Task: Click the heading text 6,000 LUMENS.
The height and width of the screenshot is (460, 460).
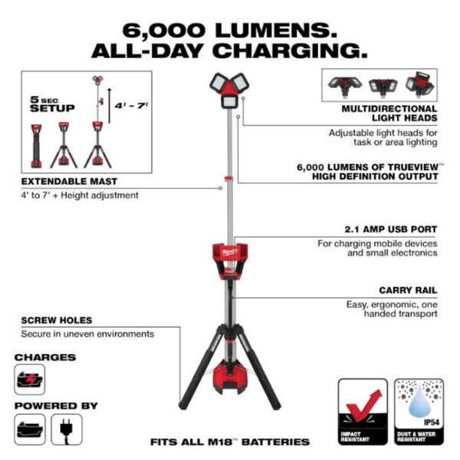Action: [229, 31]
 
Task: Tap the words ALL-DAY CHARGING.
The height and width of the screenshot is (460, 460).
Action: [229, 51]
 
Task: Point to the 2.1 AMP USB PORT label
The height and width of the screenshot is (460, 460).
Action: [390, 228]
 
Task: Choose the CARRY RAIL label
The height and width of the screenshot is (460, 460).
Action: [407, 291]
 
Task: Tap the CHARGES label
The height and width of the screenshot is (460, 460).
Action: [44, 356]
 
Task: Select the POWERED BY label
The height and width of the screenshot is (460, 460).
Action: [55, 404]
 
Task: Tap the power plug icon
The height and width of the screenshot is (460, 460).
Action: [67, 429]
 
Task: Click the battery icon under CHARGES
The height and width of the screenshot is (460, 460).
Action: [30, 379]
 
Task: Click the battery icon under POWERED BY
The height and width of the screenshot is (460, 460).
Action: [30, 429]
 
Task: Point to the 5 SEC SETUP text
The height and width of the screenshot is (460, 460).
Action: [52, 104]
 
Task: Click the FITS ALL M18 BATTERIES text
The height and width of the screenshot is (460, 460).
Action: [230, 442]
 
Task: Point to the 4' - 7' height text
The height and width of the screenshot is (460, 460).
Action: [132, 105]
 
